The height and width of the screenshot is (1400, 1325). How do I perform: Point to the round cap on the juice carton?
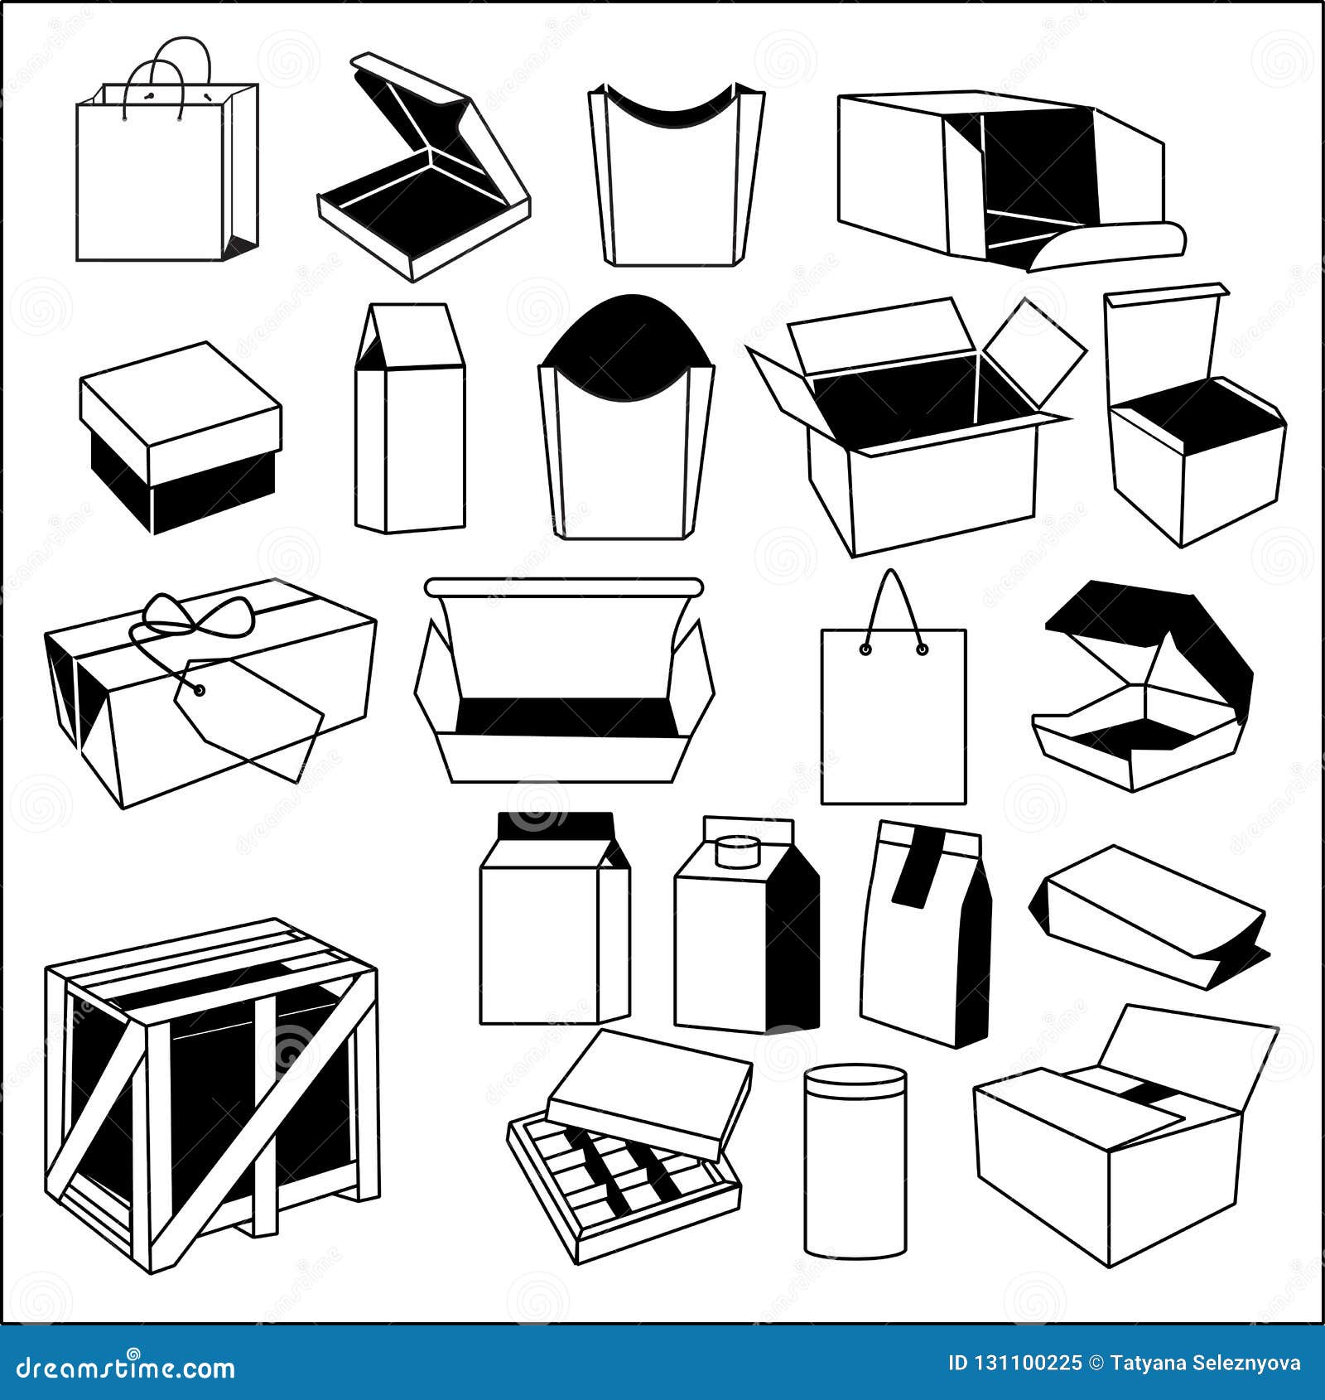coord(738,850)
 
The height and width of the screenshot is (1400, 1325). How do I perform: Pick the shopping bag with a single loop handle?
coord(894,712)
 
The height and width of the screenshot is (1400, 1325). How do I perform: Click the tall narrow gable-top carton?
coord(410,422)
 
